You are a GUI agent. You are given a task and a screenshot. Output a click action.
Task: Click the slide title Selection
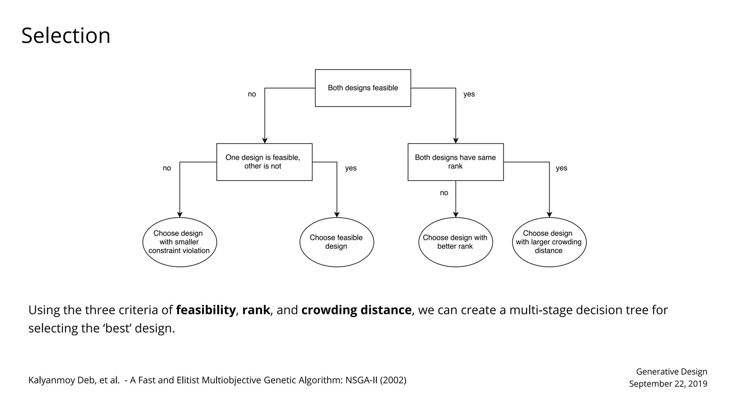click(x=66, y=36)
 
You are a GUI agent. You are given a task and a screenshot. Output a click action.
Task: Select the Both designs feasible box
click(x=363, y=88)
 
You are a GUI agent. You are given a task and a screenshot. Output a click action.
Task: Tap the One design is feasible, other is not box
click(x=264, y=162)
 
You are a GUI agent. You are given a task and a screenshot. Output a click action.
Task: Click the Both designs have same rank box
click(x=455, y=162)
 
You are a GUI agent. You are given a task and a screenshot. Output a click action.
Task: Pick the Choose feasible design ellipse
click(x=336, y=242)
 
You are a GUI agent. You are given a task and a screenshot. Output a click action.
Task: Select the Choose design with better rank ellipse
click(x=455, y=242)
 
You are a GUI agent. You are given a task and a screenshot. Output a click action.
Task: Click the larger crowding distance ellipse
click(x=549, y=242)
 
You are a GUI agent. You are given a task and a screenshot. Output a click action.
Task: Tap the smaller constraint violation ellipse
click(x=179, y=242)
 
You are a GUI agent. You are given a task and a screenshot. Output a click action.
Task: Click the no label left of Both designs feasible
click(x=252, y=94)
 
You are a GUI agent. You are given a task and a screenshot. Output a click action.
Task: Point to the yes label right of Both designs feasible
click(x=469, y=94)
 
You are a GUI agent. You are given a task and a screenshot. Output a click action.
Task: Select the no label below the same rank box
click(x=444, y=193)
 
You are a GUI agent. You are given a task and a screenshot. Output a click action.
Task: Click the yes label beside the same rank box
click(x=561, y=168)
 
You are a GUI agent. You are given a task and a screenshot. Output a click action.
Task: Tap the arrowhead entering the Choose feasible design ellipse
click(x=337, y=215)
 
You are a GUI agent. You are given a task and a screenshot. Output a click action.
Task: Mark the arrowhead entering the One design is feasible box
click(x=264, y=141)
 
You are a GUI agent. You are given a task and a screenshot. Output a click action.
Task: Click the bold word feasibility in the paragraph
click(x=206, y=310)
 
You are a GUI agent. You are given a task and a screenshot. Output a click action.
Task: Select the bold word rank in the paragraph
click(x=256, y=310)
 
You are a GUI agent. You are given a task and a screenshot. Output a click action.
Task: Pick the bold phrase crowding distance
click(x=356, y=310)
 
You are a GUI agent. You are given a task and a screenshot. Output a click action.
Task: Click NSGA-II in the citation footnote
click(x=361, y=380)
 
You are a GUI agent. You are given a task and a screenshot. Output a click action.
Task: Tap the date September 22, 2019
click(x=668, y=384)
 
